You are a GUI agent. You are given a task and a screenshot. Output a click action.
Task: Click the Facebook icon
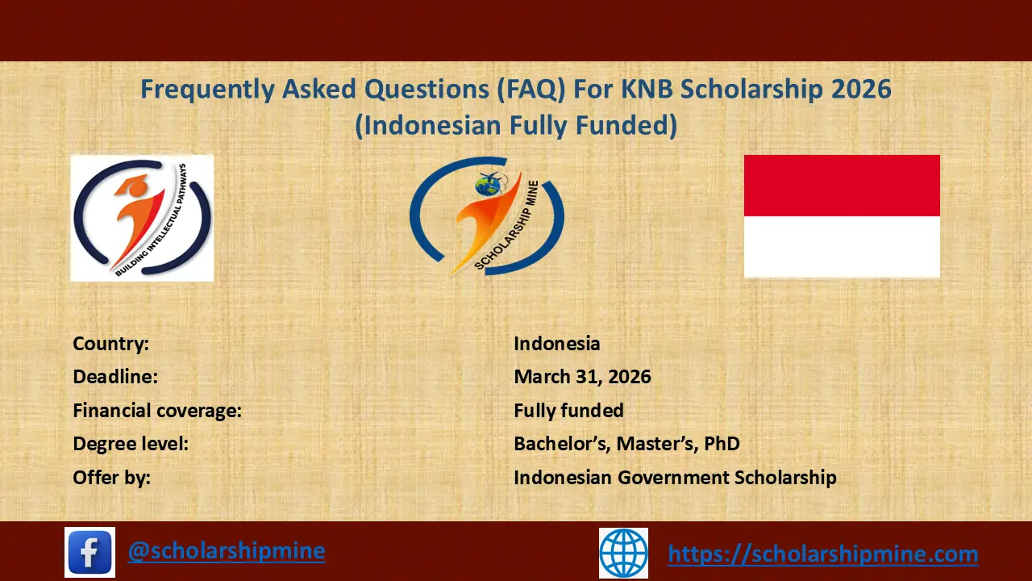point(89,552)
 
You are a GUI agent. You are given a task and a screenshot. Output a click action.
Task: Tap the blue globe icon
point(623,553)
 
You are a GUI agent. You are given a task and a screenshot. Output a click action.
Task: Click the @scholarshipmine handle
point(227,551)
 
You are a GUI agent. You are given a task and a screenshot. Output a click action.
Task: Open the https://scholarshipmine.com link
point(823,554)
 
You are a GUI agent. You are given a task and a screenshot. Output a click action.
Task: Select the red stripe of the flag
point(842,186)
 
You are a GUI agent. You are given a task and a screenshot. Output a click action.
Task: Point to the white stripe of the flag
point(842,246)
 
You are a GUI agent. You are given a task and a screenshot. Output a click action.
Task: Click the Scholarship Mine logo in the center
point(486,216)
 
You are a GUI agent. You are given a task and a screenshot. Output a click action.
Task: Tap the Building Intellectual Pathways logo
point(142,218)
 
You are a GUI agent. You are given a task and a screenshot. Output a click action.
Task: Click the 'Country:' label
point(111,344)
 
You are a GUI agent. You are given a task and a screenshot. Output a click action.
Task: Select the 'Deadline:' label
point(115,377)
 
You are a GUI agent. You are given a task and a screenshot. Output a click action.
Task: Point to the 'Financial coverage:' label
point(157,411)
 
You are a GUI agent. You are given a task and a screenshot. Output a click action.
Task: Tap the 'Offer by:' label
point(112,478)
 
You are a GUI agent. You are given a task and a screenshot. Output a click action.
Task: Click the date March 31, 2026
point(582,377)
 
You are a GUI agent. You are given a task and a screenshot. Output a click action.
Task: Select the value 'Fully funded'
point(568,411)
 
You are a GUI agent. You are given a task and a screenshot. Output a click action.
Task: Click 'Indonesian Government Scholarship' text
point(675,478)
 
